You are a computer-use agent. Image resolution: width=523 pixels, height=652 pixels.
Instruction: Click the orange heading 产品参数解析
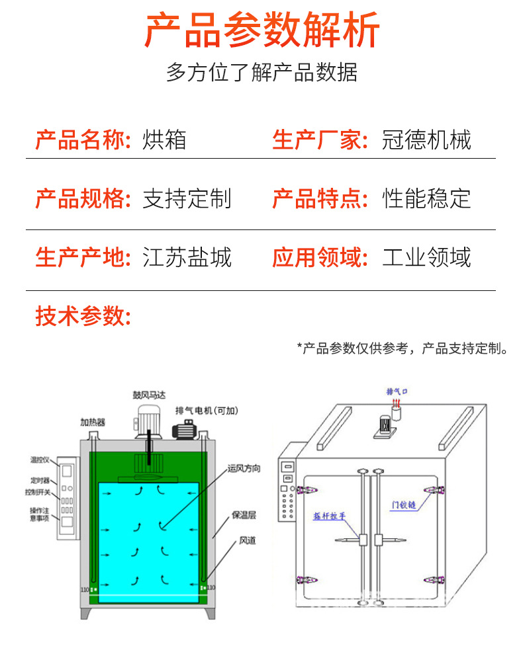261,30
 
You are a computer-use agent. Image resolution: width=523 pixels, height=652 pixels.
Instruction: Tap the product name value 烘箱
164,140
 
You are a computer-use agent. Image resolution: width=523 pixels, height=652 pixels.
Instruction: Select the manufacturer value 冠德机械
426,140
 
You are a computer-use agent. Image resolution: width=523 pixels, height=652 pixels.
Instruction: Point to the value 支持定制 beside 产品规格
187,198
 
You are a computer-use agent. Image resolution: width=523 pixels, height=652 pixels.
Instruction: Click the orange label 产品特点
320,198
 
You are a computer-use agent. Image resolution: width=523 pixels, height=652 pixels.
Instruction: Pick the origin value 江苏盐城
187,257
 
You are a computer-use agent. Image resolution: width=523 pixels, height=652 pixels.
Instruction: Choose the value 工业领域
426,257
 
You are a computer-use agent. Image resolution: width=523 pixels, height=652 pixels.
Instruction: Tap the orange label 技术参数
83,316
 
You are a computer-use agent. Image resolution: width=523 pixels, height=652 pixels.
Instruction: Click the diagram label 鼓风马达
150,395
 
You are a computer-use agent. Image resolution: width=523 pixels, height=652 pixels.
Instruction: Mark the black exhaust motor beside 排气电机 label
185,430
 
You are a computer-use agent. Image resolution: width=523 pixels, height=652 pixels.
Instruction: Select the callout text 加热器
93,421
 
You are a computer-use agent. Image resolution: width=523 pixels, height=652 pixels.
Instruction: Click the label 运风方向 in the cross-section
244,468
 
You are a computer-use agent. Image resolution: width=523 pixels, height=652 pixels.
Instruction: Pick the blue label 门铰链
403,505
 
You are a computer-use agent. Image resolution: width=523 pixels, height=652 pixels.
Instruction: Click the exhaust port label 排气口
397,391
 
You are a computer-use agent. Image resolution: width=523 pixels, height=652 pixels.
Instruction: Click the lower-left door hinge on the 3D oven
305,581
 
